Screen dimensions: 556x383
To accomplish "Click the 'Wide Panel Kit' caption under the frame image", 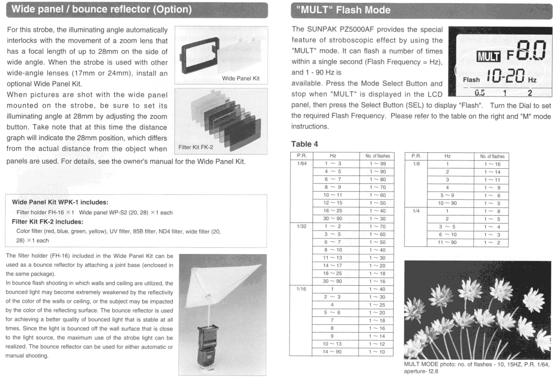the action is coord(241,79).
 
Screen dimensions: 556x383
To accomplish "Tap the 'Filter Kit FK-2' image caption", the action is coord(196,147).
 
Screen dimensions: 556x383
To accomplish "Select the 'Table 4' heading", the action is coord(305,144).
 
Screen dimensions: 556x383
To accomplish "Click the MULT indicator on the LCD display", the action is coord(488,56).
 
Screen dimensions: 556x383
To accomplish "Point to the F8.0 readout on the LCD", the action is coord(526,51).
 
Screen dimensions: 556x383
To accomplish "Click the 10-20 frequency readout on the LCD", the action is coord(505,76).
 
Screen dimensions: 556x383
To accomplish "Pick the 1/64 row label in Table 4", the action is coord(302,164).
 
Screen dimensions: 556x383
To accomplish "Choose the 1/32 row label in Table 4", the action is coord(302,226).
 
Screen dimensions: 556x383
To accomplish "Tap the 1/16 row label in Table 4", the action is coord(301,289).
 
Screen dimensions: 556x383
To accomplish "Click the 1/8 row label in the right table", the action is coord(416,164).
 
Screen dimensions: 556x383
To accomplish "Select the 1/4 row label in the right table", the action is coord(416,211).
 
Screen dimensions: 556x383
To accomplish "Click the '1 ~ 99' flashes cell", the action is coord(377,164).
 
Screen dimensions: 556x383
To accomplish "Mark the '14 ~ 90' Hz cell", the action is coord(332,352).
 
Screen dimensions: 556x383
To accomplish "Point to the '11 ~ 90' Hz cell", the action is coord(447,242).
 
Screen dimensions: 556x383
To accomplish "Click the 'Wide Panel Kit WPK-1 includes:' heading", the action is coord(60,202).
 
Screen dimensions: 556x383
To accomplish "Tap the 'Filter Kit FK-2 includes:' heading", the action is coord(48,222).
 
